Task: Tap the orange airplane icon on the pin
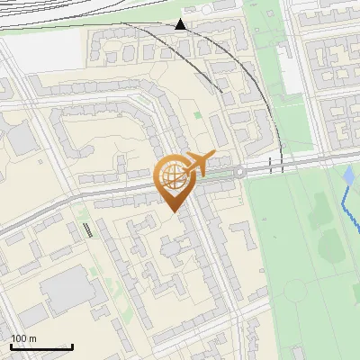tap(200, 163)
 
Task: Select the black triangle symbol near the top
tap(181, 24)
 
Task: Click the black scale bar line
tap(41, 347)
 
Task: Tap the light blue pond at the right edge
tap(349, 175)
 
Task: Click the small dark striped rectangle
tap(89, 229)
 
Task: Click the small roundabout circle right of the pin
tap(240, 172)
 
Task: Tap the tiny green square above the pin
tap(198, 115)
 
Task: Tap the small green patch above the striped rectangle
tap(82, 213)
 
